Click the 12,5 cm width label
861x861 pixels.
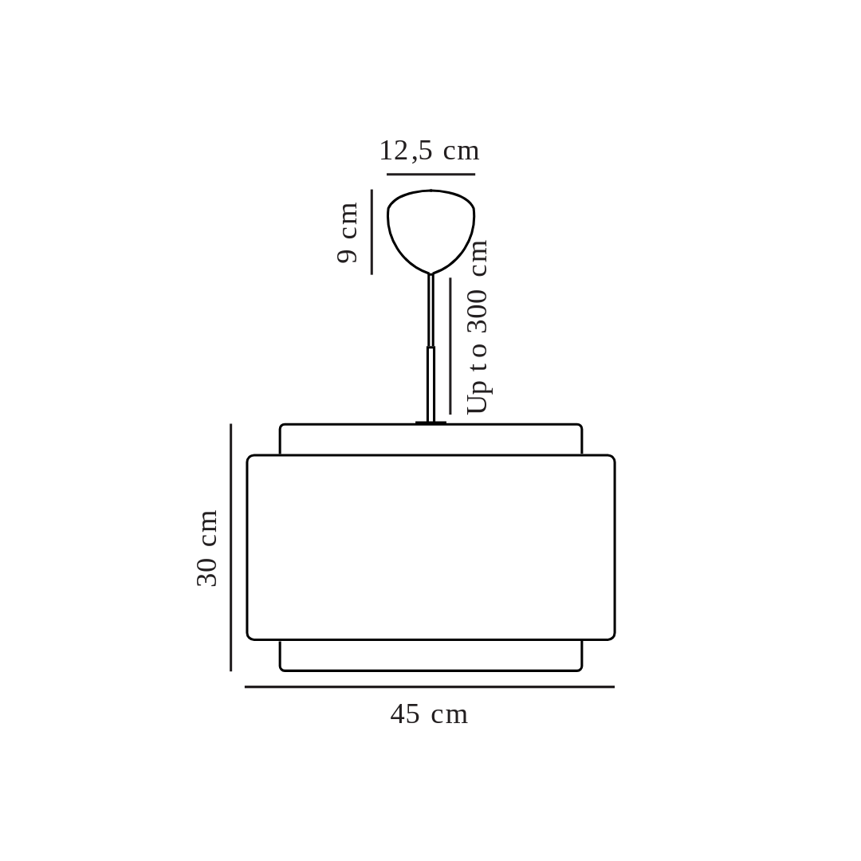click(430, 151)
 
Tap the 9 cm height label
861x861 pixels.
click(347, 233)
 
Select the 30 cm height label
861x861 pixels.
click(207, 548)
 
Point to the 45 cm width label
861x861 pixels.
click(430, 714)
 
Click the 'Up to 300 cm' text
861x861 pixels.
click(478, 326)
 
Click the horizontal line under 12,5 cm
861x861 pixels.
click(431, 174)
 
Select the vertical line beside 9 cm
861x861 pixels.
click(372, 232)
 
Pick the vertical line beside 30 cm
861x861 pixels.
click(230, 548)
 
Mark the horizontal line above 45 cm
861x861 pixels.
click(430, 687)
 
